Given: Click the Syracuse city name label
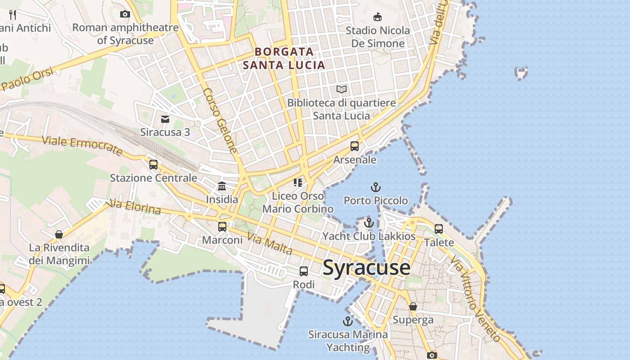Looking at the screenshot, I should pyautogui.click(x=366, y=268).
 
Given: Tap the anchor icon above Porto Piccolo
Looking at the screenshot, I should pyautogui.click(x=375, y=187).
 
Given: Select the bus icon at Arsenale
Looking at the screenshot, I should pyautogui.click(x=355, y=146).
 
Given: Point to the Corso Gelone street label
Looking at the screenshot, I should pyautogui.click(x=220, y=120).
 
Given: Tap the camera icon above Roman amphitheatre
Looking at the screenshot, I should pyautogui.click(x=125, y=14).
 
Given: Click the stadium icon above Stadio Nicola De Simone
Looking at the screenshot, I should pyautogui.click(x=378, y=17).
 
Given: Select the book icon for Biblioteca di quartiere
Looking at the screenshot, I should pyautogui.click(x=342, y=90).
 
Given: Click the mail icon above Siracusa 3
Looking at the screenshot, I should pyautogui.click(x=165, y=119).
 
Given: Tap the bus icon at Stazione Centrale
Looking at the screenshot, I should pyautogui.click(x=153, y=165).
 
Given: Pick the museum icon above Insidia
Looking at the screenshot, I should pyautogui.click(x=222, y=186).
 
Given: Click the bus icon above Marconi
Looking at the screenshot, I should pyautogui.click(x=222, y=227).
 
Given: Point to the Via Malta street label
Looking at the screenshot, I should pyautogui.click(x=270, y=244).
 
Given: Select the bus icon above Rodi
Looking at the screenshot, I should pyautogui.click(x=304, y=271).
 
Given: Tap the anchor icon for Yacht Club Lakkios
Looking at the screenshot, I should pyautogui.click(x=369, y=223).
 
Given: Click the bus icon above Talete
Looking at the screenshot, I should pyautogui.click(x=439, y=229).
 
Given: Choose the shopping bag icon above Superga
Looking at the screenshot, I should pyautogui.click(x=413, y=307).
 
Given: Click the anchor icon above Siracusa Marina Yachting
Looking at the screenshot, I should pyautogui.click(x=347, y=321).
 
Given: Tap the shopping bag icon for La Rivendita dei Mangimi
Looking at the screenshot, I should pyautogui.click(x=59, y=234).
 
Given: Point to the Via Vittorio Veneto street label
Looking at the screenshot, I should pyautogui.click(x=475, y=299).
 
